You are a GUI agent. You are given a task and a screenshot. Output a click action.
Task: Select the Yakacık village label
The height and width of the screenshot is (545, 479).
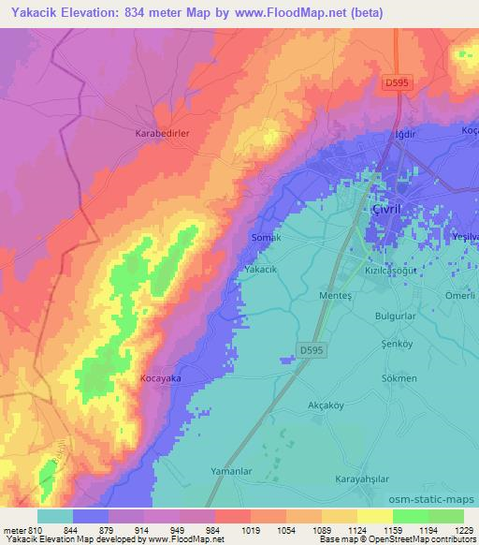(x=261, y=269)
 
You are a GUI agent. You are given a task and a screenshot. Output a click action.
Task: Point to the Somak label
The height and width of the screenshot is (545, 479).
(x=267, y=238)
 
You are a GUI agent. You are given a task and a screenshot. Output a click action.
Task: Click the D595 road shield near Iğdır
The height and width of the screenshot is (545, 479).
(x=397, y=84)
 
